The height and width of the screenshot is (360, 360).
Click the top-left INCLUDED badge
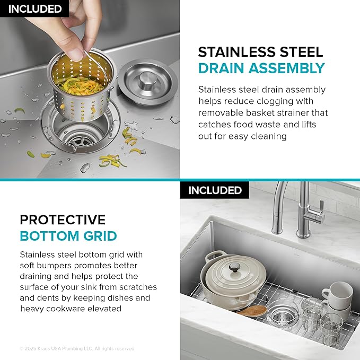[x=34, y=8]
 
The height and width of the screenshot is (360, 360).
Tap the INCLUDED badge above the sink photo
[x=215, y=190]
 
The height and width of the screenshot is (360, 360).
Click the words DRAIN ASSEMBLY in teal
[x=261, y=68]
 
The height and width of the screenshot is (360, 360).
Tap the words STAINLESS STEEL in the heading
[x=260, y=52]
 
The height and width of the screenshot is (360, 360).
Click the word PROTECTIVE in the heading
[x=63, y=220]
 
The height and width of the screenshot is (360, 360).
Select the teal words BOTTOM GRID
[x=68, y=236]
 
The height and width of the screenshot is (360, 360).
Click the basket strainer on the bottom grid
[x=283, y=313]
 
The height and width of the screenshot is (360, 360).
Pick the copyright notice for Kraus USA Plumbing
[x=77, y=348]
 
